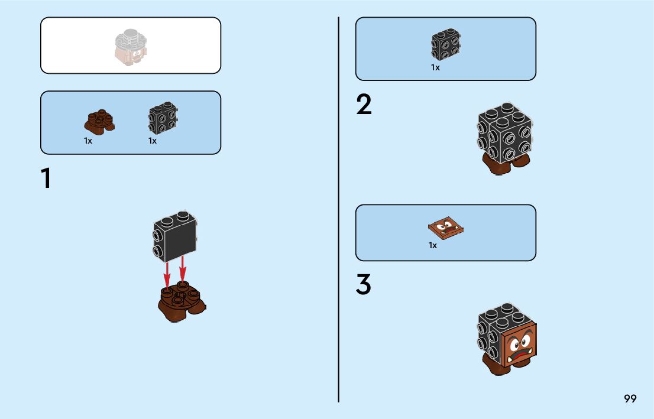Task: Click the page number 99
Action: click(x=630, y=399)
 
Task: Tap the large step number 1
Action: click(x=46, y=178)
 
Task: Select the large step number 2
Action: click(x=364, y=105)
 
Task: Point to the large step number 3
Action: click(x=364, y=285)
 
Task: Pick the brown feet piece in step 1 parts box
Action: click(x=99, y=121)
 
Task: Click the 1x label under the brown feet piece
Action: click(x=88, y=141)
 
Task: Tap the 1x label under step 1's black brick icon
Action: click(x=153, y=141)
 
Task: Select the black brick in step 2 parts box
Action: click(x=446, y=43)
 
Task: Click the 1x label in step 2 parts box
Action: click(x=435, y=68)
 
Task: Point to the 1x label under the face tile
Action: click(x=433, y=245)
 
